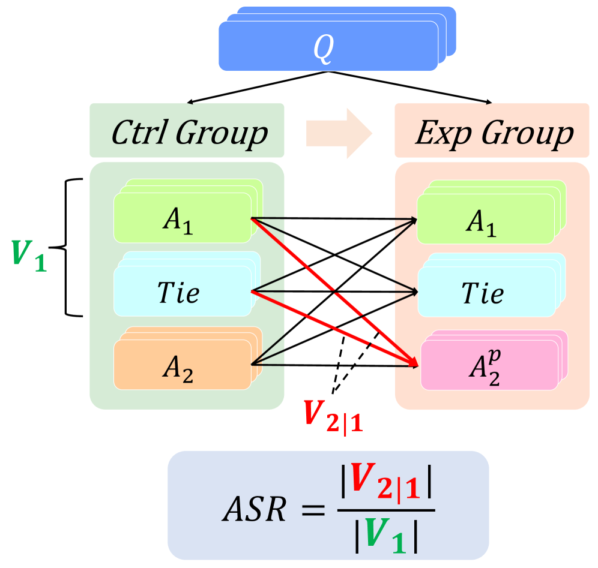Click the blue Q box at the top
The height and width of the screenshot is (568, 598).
(327, 48)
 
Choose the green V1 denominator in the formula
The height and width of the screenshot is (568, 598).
(386, 537)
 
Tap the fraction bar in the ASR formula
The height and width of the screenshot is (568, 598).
(385, 512)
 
